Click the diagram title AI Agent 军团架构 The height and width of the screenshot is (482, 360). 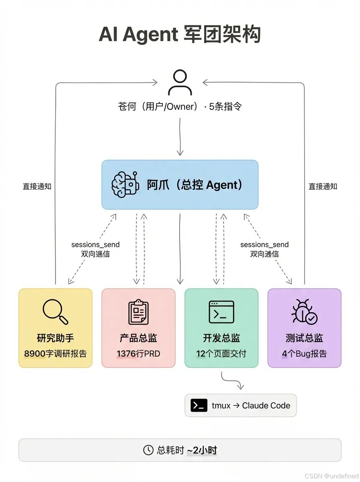tap(180, 35)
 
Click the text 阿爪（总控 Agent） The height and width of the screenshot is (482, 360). tap(195, 185)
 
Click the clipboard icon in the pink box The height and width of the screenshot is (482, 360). tap(138, 312)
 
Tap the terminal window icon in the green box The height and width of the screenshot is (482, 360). tap(221, 312)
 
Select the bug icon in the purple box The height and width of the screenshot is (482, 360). tap(304, 312)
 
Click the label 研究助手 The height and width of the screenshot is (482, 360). tap(55, 338)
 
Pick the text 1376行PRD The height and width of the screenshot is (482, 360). tap(138, 354)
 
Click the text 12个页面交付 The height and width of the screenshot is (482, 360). tap(221, 354)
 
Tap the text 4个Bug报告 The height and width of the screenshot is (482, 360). tap(304, 354)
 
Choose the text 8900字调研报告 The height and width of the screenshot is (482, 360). tap(55, 354)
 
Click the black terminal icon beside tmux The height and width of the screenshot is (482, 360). tap(199, 405)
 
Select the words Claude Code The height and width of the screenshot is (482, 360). tap(266, 406)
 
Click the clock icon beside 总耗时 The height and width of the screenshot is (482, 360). tap(148, 450)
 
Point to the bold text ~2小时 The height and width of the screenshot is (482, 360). tap(202, 450)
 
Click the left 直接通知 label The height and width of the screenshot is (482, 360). tap(37, 186)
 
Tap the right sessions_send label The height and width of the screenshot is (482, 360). tap(264, 245)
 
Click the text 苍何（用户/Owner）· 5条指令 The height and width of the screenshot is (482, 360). tap(180, 106)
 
